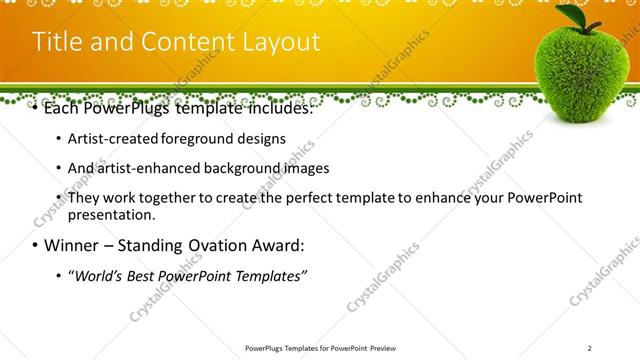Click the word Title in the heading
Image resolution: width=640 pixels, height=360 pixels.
pyautogui.click(x=57, y=42)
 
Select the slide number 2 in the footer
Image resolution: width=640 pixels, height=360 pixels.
pyautogui.click(x=590, y=347)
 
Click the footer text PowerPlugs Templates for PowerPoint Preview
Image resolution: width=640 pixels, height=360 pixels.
pyautogui.click(x=320, y=347)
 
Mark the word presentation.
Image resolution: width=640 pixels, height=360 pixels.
pyautogui.click(x=111, y=214)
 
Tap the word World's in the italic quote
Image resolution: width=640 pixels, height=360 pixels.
pyautogui.click(x=97, y=275)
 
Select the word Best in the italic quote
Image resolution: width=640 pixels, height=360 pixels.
pyautogui.click(x=142, y=275)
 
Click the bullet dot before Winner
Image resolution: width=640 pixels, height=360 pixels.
pyautogui.click(x=35, y=246)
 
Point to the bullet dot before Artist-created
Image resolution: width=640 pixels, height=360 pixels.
pyautogui.click(x=59, y=139)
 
